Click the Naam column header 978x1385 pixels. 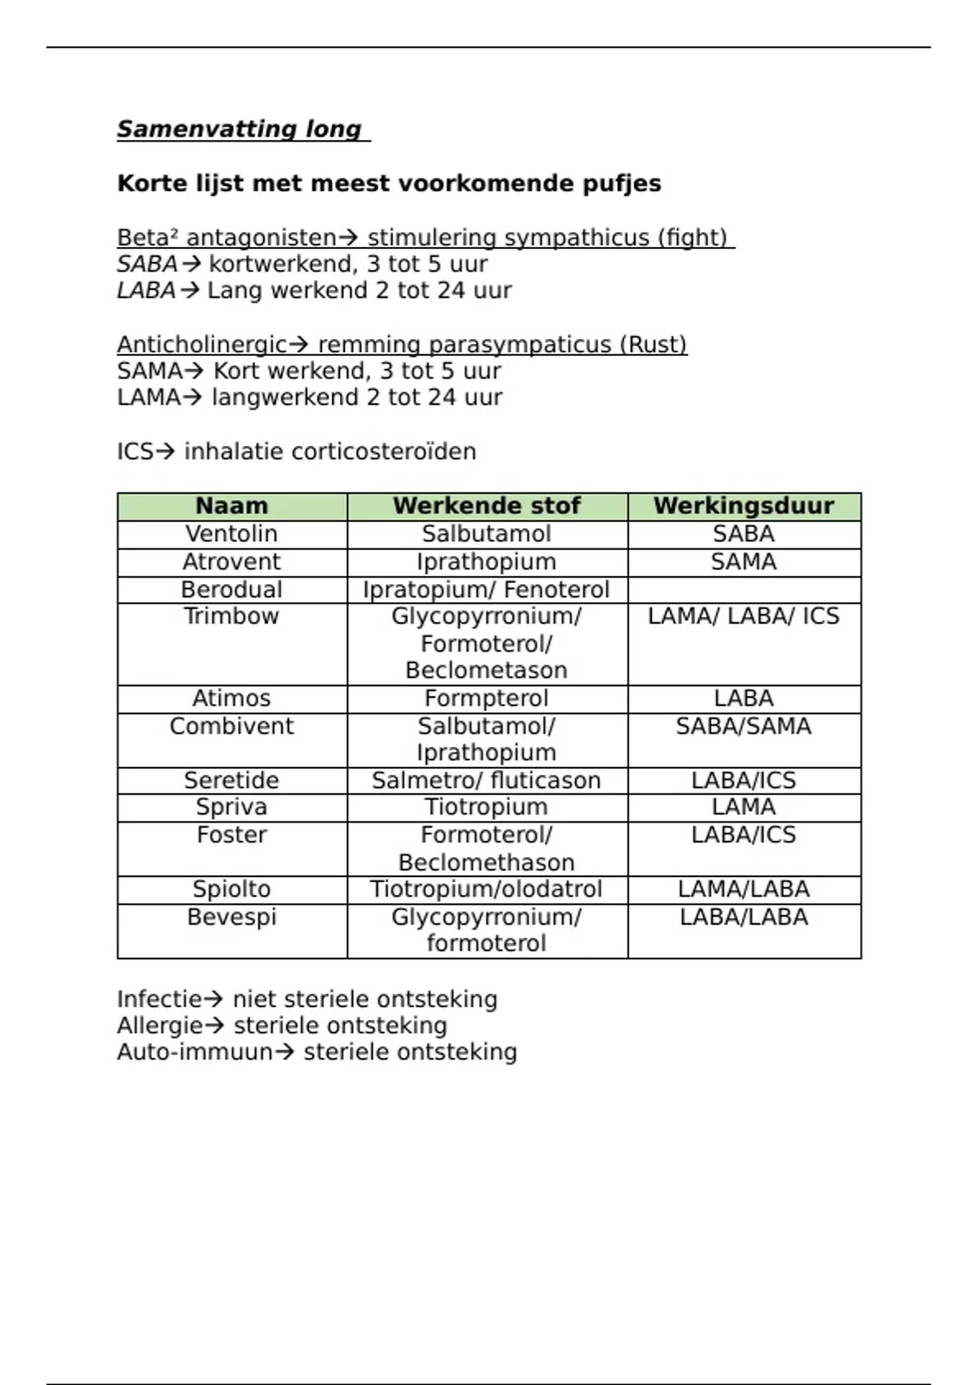coord(231,506)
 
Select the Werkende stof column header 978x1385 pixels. coord(487,506)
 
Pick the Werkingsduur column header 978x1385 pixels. coord(743,506)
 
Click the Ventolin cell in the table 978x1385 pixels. coord(231,534)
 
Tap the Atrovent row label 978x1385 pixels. coord(231,561)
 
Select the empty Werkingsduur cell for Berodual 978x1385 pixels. coord(743,590)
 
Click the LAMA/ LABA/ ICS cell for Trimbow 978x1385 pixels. coord(743,616)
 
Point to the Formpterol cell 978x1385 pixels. coord(487,698)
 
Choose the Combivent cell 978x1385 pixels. coord(231,726)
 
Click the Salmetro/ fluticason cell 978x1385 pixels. coord(487,780)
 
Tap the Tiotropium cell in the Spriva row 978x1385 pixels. coord(487,807)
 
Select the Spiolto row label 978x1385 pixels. coord(231,889)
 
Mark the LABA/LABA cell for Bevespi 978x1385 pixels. coord(743,917)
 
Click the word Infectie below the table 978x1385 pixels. coord(159,999)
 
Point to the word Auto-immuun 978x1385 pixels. coord(195,1052)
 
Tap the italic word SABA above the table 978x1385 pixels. coord(147,264)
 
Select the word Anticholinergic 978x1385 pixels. coord(201,345)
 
